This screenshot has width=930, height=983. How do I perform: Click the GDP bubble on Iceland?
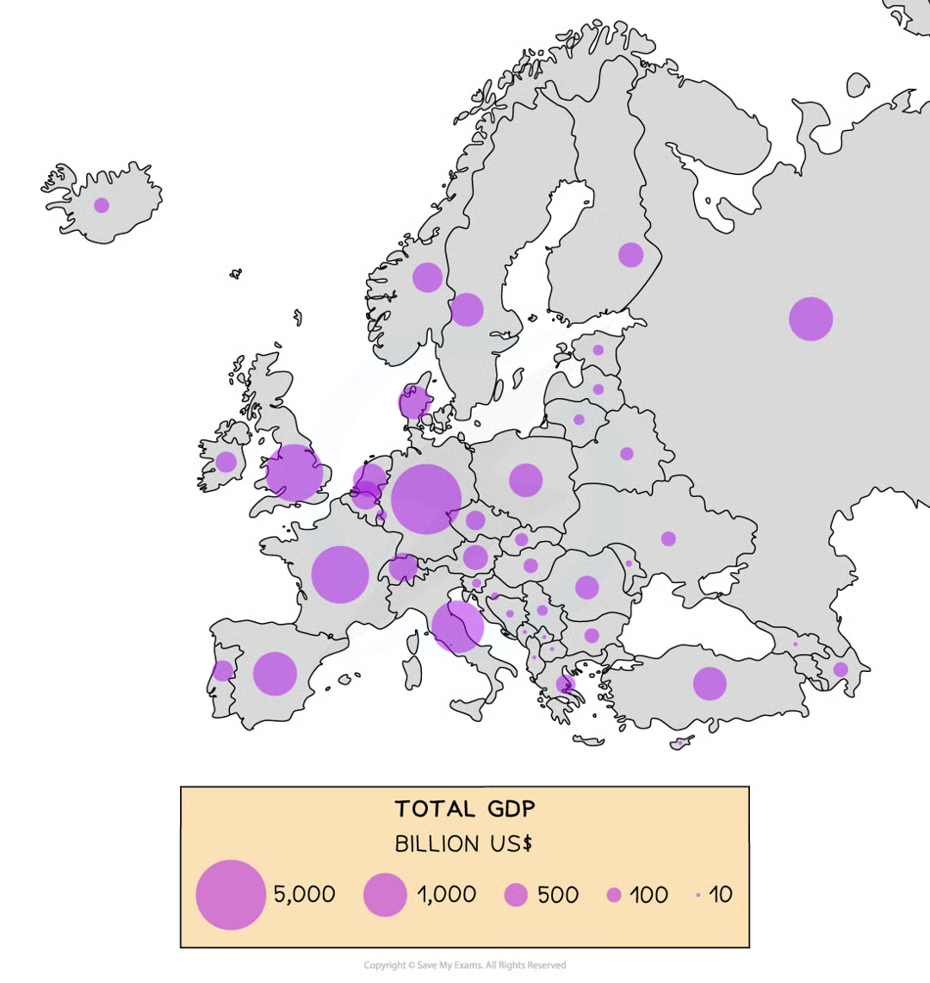click(102, 205)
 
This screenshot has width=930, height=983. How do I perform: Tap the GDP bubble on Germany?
click(426, 499)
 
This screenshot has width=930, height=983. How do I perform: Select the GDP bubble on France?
click(340, 575)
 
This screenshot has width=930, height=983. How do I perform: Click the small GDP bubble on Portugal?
click(223, 670)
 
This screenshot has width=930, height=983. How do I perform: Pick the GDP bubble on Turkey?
click(710, 683)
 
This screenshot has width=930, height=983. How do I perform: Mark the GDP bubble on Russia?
click(811, 319)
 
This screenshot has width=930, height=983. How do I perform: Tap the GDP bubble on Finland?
click(630, 255)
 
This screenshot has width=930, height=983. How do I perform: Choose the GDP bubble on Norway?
click(427, 277)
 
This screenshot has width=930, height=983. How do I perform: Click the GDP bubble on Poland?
click(525, 480)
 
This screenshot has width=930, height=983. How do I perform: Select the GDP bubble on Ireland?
click(226, 463)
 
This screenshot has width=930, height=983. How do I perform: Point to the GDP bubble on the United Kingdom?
click(294, 473)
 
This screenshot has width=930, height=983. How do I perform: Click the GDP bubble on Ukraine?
click(668, 538)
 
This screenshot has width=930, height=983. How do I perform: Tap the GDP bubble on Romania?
click(586, 588)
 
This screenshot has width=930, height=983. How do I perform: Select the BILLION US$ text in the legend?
click(463, 844)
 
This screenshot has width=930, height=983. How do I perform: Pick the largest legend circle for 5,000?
click(230, 895)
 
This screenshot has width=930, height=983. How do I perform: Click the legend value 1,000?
click(446, 894)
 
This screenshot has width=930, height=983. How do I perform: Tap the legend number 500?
click(557, 894)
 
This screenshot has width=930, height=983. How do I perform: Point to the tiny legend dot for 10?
click(697, 895)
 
